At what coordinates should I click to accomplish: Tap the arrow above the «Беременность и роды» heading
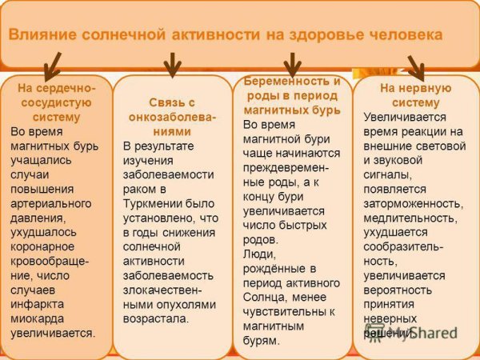pos(293,64)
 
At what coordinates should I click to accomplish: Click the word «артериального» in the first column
pos(50,202)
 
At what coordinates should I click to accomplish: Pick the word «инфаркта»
pos(38,304)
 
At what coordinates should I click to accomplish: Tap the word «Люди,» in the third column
pos(259,254)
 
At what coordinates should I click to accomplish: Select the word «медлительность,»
pos(410,218)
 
